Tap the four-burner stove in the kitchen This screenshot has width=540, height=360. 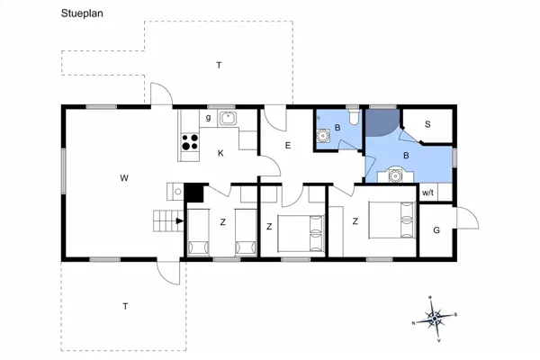pyautogui.click(x=190, y=140)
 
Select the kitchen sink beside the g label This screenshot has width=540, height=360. pyautogui.click(x=229, y=117)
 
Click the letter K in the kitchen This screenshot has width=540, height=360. pyautogui.click(x=220, y=154)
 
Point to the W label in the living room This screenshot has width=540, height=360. pyautogui.click(x=123, y=178)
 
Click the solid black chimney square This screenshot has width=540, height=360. pyautogui.click(x=193, y=192)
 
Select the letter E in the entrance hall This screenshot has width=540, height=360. pyautogui.click(x=287, y=146)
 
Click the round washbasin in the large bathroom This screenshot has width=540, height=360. pyautogui.click(x=393, y=176)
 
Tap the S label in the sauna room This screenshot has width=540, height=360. pyautogui.click(x=427, y=124)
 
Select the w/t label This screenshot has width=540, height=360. pyautogui.click(x=427, y=193)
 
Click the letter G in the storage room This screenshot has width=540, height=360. pyautogui.click(x=436, y=230)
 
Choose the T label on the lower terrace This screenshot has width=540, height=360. pyautogui.click(x=124, y=306)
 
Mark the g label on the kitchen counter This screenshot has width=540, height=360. pyautogui.click(x=208, y=118)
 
